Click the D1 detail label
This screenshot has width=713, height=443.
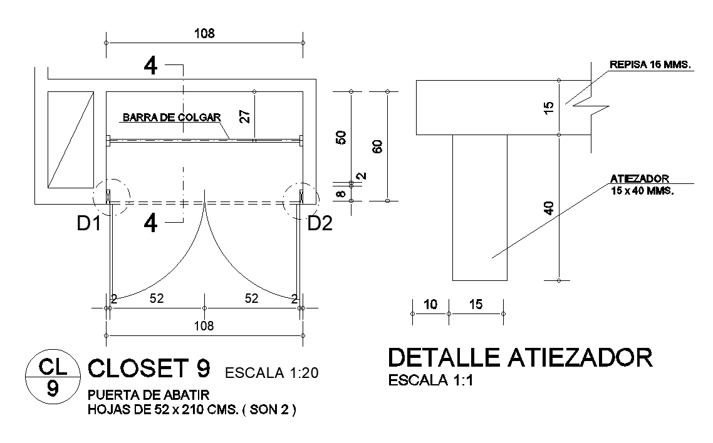[x=89, y=223]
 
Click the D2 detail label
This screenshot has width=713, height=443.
[x=320, y=223]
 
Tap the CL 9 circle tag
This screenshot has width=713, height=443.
[x=53, y=377]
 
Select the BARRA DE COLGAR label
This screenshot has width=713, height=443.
[x=172, y=117]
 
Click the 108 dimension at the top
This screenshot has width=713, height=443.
[x=204, y=34]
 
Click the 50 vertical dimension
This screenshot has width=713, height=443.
[x=341, y=138]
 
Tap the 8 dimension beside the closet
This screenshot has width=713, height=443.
[x=341, y=193]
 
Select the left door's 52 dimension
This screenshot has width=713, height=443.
[x=156, y=299]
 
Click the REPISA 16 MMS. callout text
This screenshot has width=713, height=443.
[x=650, y=64]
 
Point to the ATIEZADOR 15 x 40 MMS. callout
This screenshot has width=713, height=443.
[x=641, y=185]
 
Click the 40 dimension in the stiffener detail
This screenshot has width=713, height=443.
[x=549, y=207]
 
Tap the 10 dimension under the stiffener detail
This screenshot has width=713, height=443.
[x=430, y=305]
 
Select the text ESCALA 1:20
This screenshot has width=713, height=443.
[x=272, y=374]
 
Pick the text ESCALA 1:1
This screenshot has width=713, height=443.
[x=430, y=380]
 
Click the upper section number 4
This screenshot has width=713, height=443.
[x=150, y=66]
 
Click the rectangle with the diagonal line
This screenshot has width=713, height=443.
[x=71, y=140]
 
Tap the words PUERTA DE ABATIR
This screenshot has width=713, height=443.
[x=148, y=395]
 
